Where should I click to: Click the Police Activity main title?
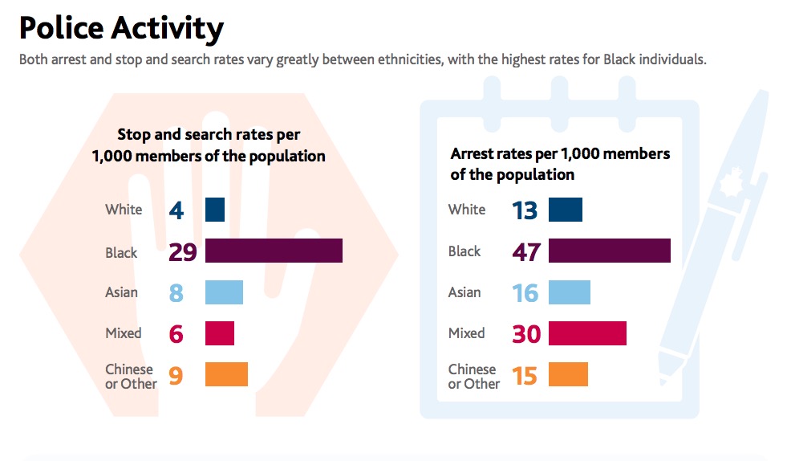[121, 28]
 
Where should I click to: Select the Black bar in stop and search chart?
[274, 251]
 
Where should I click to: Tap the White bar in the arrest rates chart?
[565, 210]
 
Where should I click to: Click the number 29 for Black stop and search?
[183, 252]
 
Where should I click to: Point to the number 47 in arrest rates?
[526, 251]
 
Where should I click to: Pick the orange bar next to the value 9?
[226, 374]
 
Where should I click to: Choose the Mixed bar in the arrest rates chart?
[587, 333]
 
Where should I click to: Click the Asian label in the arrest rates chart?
[464, 292]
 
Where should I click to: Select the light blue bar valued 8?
[224, 292]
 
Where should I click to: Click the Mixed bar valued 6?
[220, 333]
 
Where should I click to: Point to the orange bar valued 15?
[568, 374]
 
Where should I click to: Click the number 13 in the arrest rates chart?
[525, 210]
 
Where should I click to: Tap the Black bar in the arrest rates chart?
[609, 251]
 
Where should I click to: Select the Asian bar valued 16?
[569, 292]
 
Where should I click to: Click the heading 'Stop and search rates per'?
[209, 135]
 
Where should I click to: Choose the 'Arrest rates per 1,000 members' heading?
[560, 153]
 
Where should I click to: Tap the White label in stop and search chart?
[124, 210]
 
